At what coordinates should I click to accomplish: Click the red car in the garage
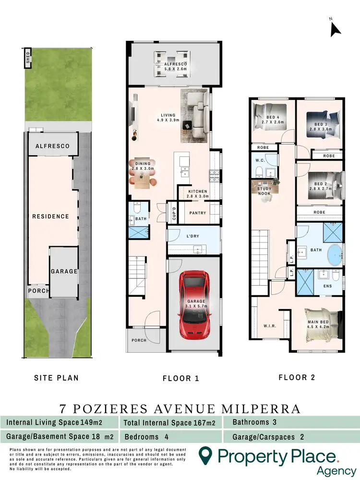194,304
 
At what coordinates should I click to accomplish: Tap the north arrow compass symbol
335,29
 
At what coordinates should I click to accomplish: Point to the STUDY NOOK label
264,191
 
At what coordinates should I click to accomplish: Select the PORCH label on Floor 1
139,341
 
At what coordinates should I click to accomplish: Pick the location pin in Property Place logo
206,454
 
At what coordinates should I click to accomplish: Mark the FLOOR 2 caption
297,377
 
